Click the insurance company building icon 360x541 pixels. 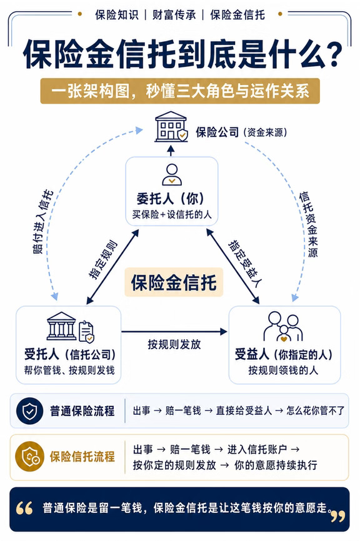pos(171,127)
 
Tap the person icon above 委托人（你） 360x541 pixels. pos(172,174)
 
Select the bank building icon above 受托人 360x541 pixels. pos(61,326)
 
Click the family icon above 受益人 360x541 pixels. pos(283,327)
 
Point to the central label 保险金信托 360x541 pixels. pos(174,282)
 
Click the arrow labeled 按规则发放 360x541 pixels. pos(174,332)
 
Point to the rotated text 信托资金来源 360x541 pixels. pos(308,224)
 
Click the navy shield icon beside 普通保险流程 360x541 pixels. pos(29,411)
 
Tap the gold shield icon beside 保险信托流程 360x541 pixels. pos(29,457)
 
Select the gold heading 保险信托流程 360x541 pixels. pos(82,457)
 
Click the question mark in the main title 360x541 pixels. pos(334,55)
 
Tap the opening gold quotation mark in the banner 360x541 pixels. pos(24,508)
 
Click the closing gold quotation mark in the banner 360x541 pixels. pos(337,516)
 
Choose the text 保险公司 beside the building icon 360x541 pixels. pos(217,132)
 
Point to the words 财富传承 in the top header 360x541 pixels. pos(174,15)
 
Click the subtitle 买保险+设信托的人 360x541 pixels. pos(172,215)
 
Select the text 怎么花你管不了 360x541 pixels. pos(316,410)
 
